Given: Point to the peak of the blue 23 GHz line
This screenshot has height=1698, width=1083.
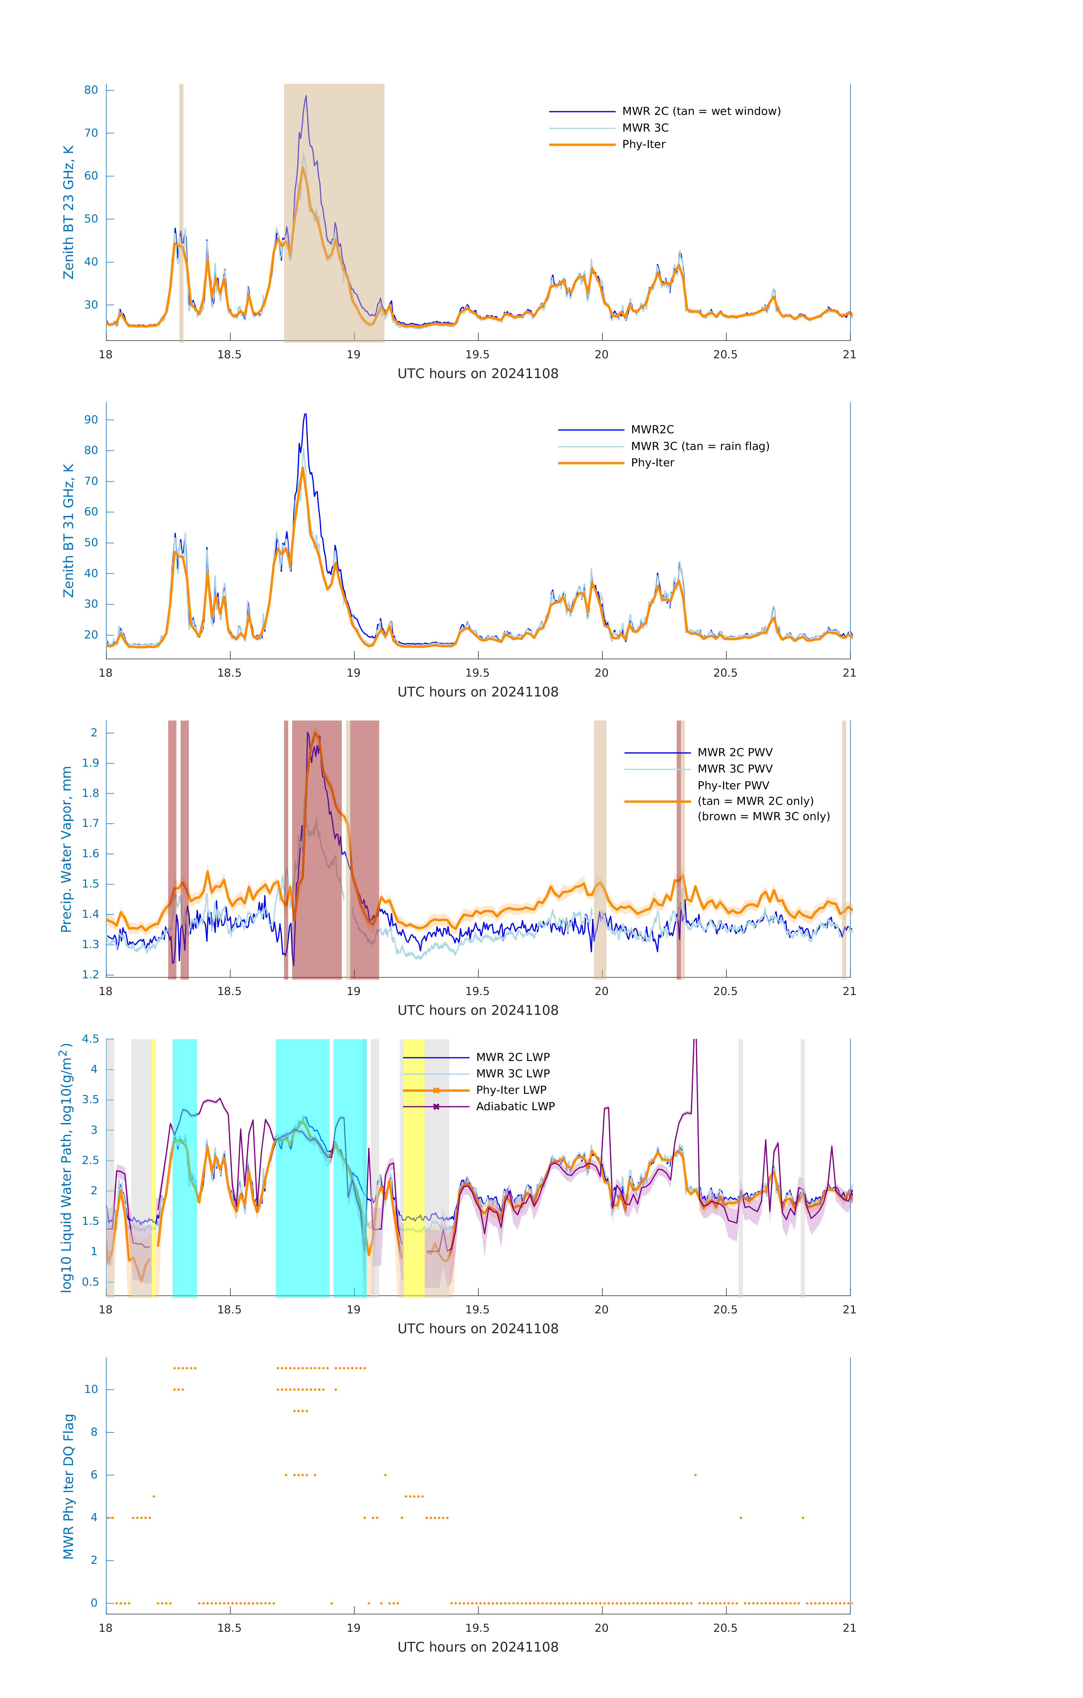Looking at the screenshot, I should click(x=306, y=97).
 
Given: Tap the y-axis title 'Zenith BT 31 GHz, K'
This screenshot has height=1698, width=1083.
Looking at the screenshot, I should click(x=69, y=530).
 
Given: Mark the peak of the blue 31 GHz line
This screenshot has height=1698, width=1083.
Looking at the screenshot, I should click(x=305, y=415).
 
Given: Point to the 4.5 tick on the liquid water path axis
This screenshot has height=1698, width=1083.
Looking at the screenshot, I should click(x=90, y=1039).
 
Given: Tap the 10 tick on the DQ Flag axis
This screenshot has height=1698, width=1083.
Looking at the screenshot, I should click(x=91, y=1389).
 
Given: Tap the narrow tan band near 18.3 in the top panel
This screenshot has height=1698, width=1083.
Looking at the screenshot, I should click(x=181, y=212).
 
